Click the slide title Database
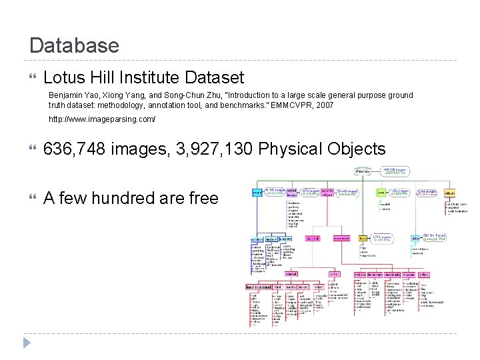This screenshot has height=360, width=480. coord(74,45)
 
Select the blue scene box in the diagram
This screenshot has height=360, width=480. coord(257,193)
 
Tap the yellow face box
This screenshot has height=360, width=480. coord(363,237)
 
